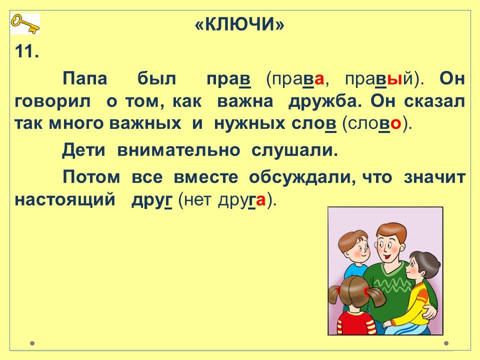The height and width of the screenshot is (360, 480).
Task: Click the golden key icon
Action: click(x=25, y=24)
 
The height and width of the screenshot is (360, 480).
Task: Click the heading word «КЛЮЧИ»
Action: click(x=239, y=24)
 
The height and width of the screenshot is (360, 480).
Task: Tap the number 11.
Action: click(x=26, y=51)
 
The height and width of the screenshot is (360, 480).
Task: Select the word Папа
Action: click(x=85, y=78)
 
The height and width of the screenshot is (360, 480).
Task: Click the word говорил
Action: click(x=52, y=101)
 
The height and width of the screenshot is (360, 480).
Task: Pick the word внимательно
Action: click(x=179, y=150)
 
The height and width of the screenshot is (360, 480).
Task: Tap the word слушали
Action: click(x=294, y=150)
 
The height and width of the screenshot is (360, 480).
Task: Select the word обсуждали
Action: click(x=302, y=177)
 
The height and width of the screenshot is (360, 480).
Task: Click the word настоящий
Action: click(x=65, y=200)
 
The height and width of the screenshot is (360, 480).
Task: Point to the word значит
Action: click(x=434, y=177)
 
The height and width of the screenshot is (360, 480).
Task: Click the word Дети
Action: click(x=83, y=150)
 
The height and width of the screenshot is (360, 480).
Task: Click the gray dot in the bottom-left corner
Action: click(x=32, y=343)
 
